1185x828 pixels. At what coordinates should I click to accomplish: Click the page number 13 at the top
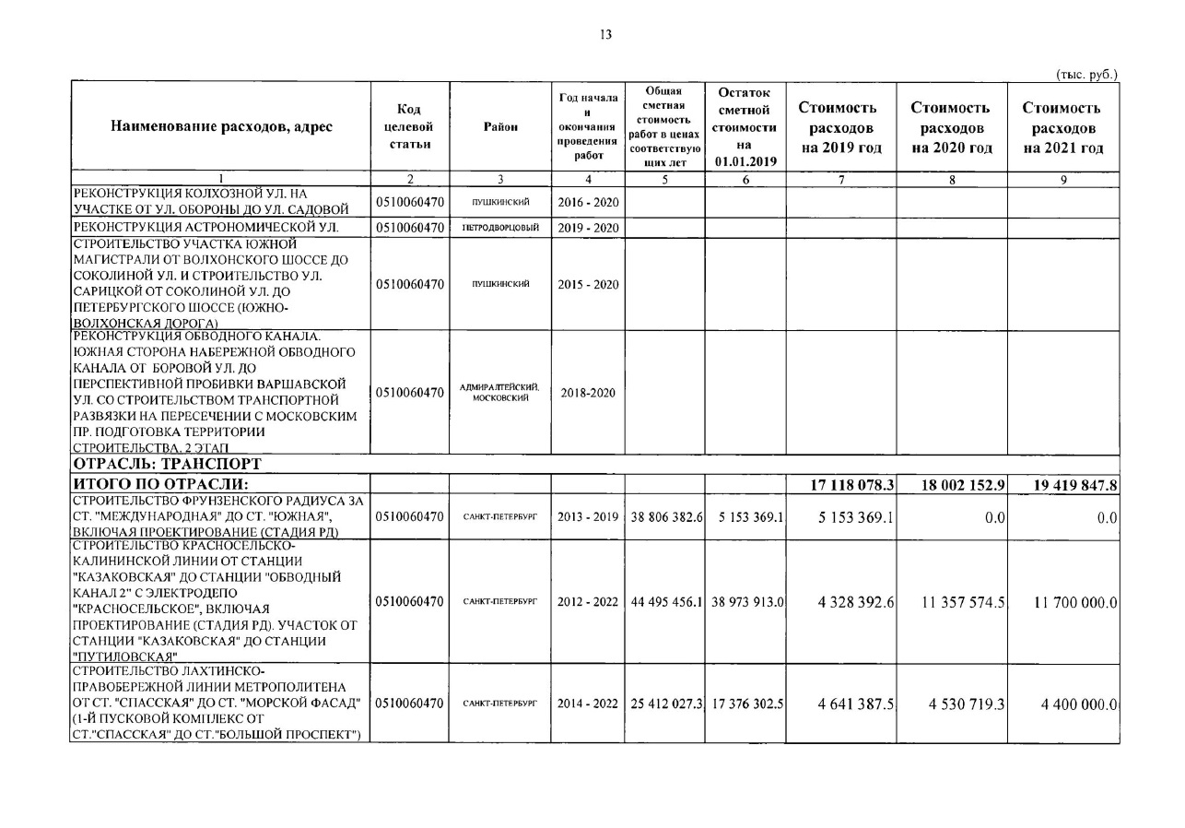(605, 35)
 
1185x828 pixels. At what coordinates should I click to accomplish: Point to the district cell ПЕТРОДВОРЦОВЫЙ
(500, 228)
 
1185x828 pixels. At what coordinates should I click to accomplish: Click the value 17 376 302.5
(745, 704)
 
